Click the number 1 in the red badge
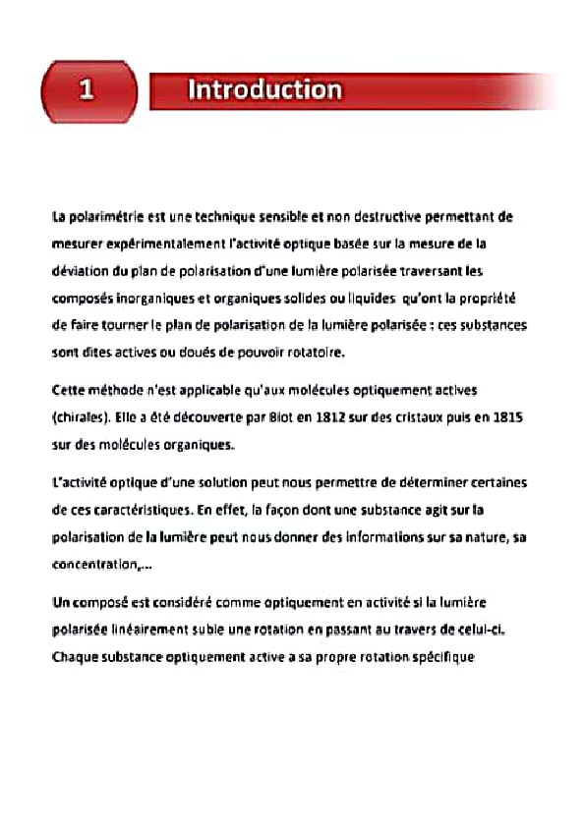coord(87,91)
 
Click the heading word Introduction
coord(264,91)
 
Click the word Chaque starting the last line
coord(76,655)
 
